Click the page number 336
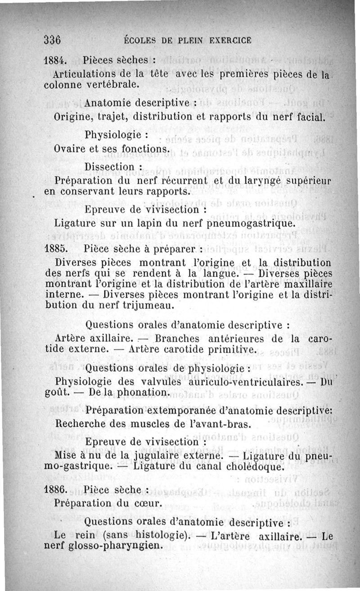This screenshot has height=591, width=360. pyautogui.click(x=53, y=39)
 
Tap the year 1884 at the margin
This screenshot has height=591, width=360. pyautogui.click(x=56, y=60)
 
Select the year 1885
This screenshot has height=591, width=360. pyautogui.click(x=56, y=248)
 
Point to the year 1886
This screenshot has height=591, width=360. pyautogui.click(x=56, y=489)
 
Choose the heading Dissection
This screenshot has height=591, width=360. pyautogui.click(x=110, y=167)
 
